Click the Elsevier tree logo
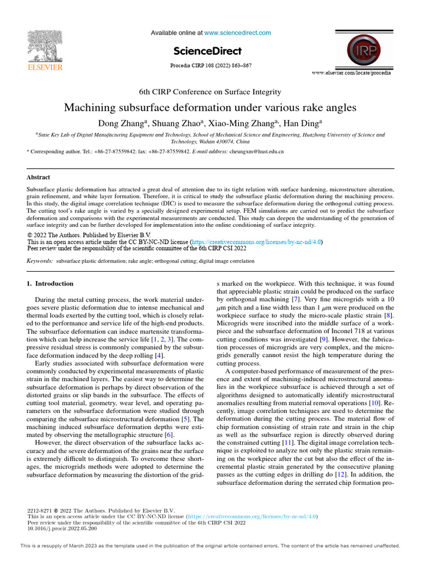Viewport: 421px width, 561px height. click(x=45, y=46)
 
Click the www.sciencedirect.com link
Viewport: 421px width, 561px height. click(x=237, y=33)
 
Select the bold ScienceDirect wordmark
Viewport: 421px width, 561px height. click(x=207, y=51)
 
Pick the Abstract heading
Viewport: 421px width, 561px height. click(x=38, y=178)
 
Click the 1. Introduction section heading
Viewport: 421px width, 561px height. click(x=50, y=283)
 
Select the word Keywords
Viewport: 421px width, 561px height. click(x=40, y=261)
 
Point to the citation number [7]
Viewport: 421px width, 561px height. click(x=295, y=300)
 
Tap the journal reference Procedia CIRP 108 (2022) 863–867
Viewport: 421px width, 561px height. click(x=211, y=66)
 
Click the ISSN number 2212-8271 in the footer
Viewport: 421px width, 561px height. click(x=40, y=510)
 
